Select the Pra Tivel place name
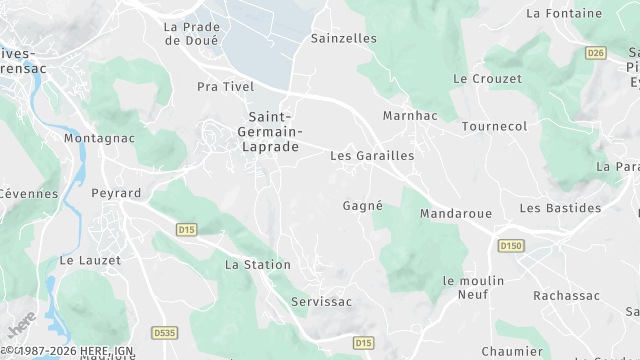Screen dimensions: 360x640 click(225, 87)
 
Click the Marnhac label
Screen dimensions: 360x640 click(410, 116)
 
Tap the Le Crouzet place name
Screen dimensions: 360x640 click(487, 78)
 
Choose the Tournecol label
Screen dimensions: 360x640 click(494, 127)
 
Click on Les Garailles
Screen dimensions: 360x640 click(372, 156)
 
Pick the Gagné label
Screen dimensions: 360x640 click(363, 205)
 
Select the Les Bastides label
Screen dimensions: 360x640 click(560, 208)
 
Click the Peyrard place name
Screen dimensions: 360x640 click(116, 193)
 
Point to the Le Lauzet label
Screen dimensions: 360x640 click(90, 260)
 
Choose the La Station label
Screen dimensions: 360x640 click(258, 265)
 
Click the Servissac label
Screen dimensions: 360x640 click(322, 301)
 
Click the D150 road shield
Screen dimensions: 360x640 click(511, 246)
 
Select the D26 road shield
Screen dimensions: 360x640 click(596, 53)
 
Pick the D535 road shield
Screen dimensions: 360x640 click(164, 332)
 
